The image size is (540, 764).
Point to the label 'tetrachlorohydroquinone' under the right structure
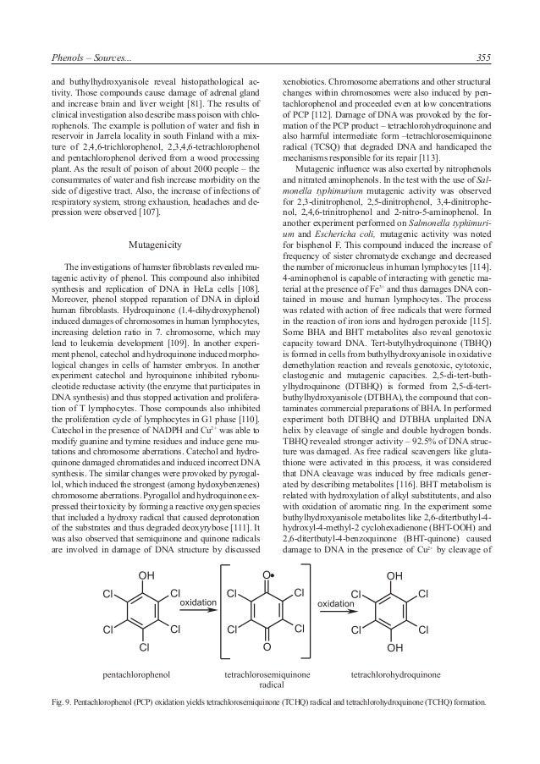pyautogui.click(x=395, y=676)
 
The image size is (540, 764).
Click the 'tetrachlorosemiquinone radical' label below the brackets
pyautogui.click(x=267, y=681)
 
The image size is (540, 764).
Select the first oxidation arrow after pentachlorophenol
pyautogui.click(x=197, y=606)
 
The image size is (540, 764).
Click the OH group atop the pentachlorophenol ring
pyautogui.click(x=146, y=577)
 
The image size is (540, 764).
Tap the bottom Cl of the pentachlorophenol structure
pyautogui.click(x=143, y=647)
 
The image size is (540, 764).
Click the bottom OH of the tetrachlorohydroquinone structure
pyautogui.click(x=395, y=647)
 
